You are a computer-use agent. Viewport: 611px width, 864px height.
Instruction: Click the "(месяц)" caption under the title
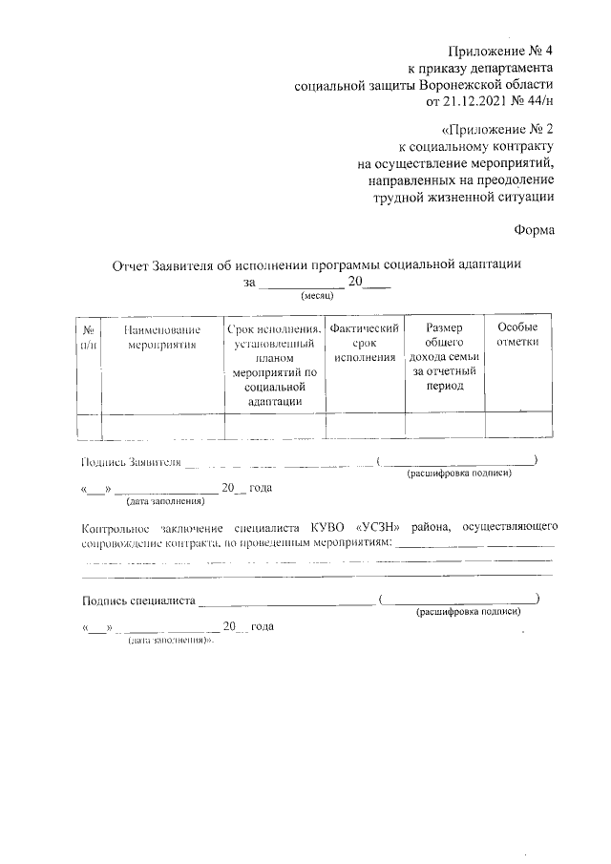tap(316, 297)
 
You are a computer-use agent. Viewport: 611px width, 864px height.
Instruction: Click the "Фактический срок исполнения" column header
tap(364, 342)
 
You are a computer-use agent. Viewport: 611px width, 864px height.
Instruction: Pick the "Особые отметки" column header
tap(517, 334)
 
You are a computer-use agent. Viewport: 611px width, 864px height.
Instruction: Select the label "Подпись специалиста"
tap(139, 601)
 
